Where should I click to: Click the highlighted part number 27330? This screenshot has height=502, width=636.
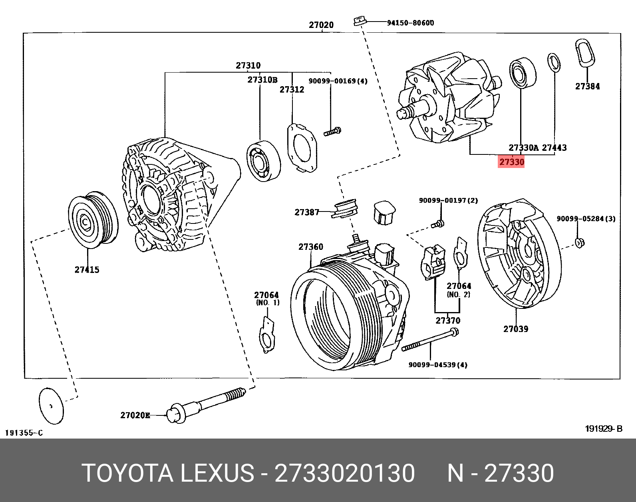511,162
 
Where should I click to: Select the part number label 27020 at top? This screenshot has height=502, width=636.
321,25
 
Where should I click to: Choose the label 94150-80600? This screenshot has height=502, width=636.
410,23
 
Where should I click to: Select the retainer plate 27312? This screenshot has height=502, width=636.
302,147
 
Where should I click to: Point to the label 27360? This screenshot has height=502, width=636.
310,247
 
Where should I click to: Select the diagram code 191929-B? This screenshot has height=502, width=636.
604,429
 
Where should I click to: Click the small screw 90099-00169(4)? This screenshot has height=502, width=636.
332,131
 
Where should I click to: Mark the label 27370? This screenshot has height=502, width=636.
447,320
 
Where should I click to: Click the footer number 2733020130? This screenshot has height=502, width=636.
345,474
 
